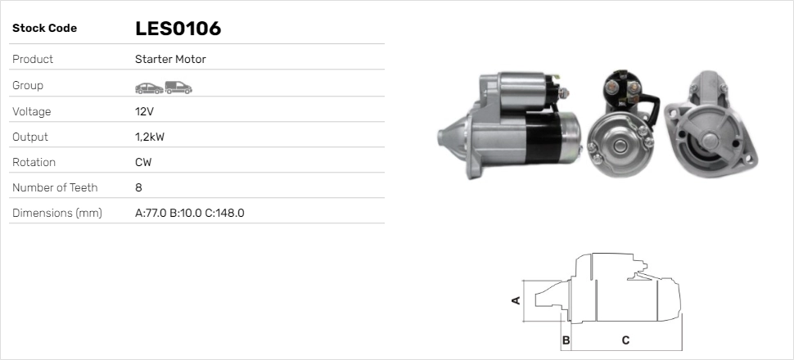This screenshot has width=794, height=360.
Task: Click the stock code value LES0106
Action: coord(178,29)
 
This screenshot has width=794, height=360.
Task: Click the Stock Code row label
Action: coord(44,29)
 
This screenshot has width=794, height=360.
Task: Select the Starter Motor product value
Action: coord(170,59)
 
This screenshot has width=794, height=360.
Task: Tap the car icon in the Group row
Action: coord(149,88)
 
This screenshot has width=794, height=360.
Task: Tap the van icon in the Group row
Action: coord(178,88)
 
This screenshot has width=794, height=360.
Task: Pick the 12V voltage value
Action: coord(144,111)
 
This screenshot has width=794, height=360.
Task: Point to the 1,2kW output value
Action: coord(150,137)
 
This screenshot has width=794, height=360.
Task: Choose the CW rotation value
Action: coord(143,163)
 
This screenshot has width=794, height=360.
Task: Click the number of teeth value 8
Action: coord(139,188)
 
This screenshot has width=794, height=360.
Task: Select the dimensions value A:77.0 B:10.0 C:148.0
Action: coord(190,214)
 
